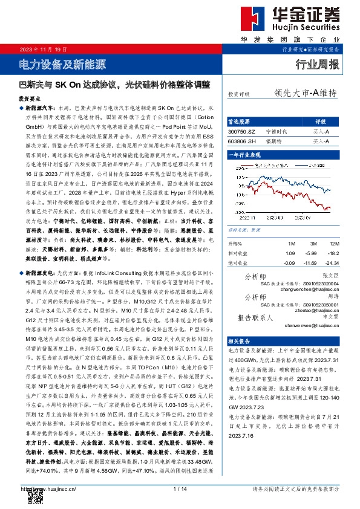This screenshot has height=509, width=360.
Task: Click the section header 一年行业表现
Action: point(247,155)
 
